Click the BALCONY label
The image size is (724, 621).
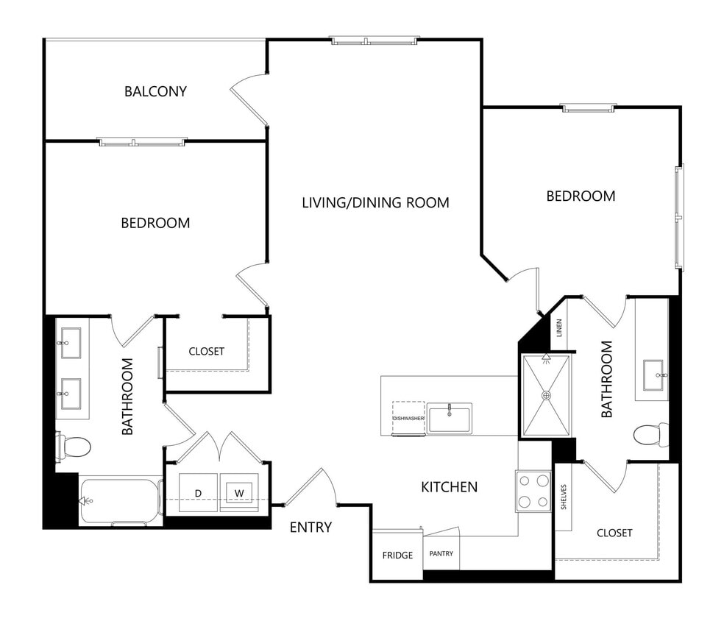[155, 92]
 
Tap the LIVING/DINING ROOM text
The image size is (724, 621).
[375, 202]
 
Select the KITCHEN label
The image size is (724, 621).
[449, 486]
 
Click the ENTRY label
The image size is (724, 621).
[310, 527]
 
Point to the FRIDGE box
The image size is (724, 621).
[397, 555]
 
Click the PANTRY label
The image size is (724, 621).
[441, 554]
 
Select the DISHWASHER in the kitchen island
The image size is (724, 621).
[408, 418]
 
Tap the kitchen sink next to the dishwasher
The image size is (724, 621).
[450, 418]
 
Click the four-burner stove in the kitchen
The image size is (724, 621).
[533, 492]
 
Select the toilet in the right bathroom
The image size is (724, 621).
[652, 434]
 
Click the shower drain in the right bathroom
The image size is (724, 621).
[547, 395]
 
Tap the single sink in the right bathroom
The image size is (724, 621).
[653, 375]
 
